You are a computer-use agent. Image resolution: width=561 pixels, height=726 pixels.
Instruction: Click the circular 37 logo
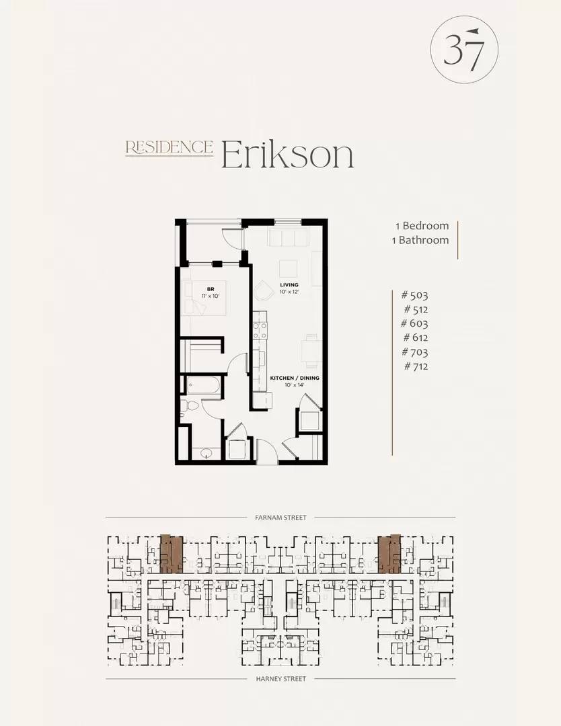tap(464, 50)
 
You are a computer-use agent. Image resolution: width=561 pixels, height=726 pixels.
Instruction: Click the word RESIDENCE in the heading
tap(169, 147)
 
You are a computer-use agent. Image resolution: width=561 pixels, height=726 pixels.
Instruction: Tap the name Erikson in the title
tap(288, 154)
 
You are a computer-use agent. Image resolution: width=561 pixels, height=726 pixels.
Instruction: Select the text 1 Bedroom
tap(422, 225)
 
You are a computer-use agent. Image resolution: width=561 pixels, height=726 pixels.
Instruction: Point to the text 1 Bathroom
tap(420, 240)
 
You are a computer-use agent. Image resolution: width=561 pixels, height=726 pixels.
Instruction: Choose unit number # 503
tap(414, 295)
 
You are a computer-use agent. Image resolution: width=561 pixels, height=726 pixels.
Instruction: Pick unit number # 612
tap(416, 337)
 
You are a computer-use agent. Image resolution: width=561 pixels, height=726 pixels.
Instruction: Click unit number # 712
tap(416, 366)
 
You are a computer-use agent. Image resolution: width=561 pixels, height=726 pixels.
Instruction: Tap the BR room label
tap(211, 289)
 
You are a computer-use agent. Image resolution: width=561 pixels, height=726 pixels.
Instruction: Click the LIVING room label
tap(289, 285)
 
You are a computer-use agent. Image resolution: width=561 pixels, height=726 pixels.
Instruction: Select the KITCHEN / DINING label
tap(295, 378)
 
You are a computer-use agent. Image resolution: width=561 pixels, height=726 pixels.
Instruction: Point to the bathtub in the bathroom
tap(203, 386)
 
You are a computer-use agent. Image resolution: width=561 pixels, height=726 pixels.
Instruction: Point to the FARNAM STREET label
tap(280, 517)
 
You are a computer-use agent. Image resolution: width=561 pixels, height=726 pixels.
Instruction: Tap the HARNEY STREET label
tap(280, 679)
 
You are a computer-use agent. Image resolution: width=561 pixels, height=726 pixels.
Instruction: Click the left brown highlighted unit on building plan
tap(172, 554)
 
